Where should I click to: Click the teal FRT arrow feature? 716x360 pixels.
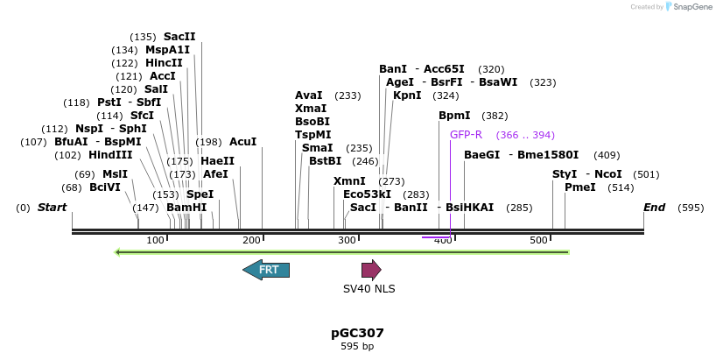click(266, 270)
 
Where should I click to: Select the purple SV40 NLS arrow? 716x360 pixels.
click(371, 270)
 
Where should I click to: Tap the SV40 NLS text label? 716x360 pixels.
click(369, 288)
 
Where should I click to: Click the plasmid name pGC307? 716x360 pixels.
click(357, 333)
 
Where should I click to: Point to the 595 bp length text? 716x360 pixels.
click(357, 347)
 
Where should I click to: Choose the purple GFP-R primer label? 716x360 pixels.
click(466, 135)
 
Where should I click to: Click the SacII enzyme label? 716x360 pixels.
click(179, 37)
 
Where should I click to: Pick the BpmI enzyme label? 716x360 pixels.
click(454, 116)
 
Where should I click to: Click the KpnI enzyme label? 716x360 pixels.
click(407, 95)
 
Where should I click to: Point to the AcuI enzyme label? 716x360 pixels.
click(243, 142)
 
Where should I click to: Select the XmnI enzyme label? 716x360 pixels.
click(349, 181)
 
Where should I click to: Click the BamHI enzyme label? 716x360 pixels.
click(186, 208)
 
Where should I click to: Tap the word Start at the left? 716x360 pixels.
click(52, 208)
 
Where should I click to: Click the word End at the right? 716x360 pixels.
click(654, 208)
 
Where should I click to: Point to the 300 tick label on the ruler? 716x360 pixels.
click(347, 240)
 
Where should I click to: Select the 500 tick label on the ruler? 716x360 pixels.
click(537, 240)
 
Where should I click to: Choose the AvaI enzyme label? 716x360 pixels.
click(308, 95)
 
